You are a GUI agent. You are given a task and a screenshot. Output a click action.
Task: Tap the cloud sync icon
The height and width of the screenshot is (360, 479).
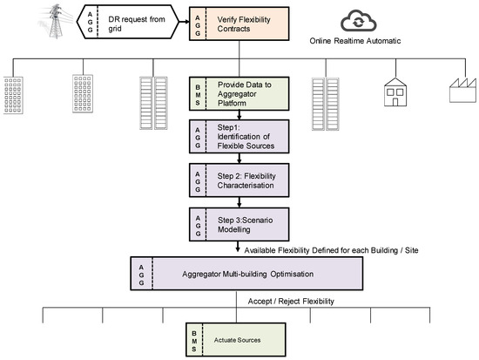click(334, 19)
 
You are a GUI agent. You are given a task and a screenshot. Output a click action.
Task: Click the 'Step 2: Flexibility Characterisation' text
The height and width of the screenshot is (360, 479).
click(248, 181)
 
